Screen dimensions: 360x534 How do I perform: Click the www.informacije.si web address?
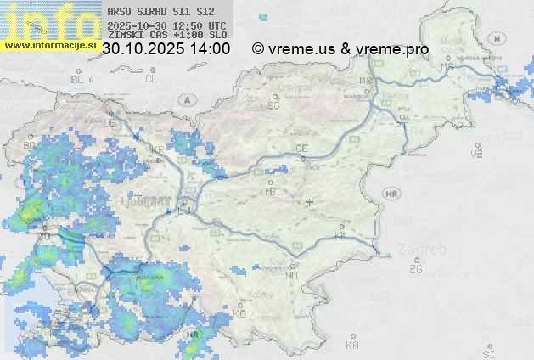tap(48, 45)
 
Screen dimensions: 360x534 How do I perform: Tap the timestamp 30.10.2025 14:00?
tap(166, 49)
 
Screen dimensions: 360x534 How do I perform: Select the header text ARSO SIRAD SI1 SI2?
tap(161, 12)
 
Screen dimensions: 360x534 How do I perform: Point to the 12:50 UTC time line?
tap(167, 25)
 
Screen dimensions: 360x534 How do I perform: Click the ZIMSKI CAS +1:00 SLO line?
tap(167, 35)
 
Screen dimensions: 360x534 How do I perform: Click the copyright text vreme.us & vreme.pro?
tap(340, 49)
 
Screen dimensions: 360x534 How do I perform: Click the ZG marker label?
tap(415, 269)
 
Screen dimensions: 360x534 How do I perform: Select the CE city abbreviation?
tap(301, 149)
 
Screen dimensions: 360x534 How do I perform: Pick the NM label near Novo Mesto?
tap(293, 275)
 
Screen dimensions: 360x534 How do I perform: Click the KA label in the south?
tap(352, 346)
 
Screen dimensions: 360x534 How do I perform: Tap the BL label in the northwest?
tap(78, 79)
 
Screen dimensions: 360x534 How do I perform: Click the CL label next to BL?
tap(151, 79)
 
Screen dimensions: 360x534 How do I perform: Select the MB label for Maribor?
tap(366, 81)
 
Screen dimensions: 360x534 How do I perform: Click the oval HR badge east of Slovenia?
tap(392, 194)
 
